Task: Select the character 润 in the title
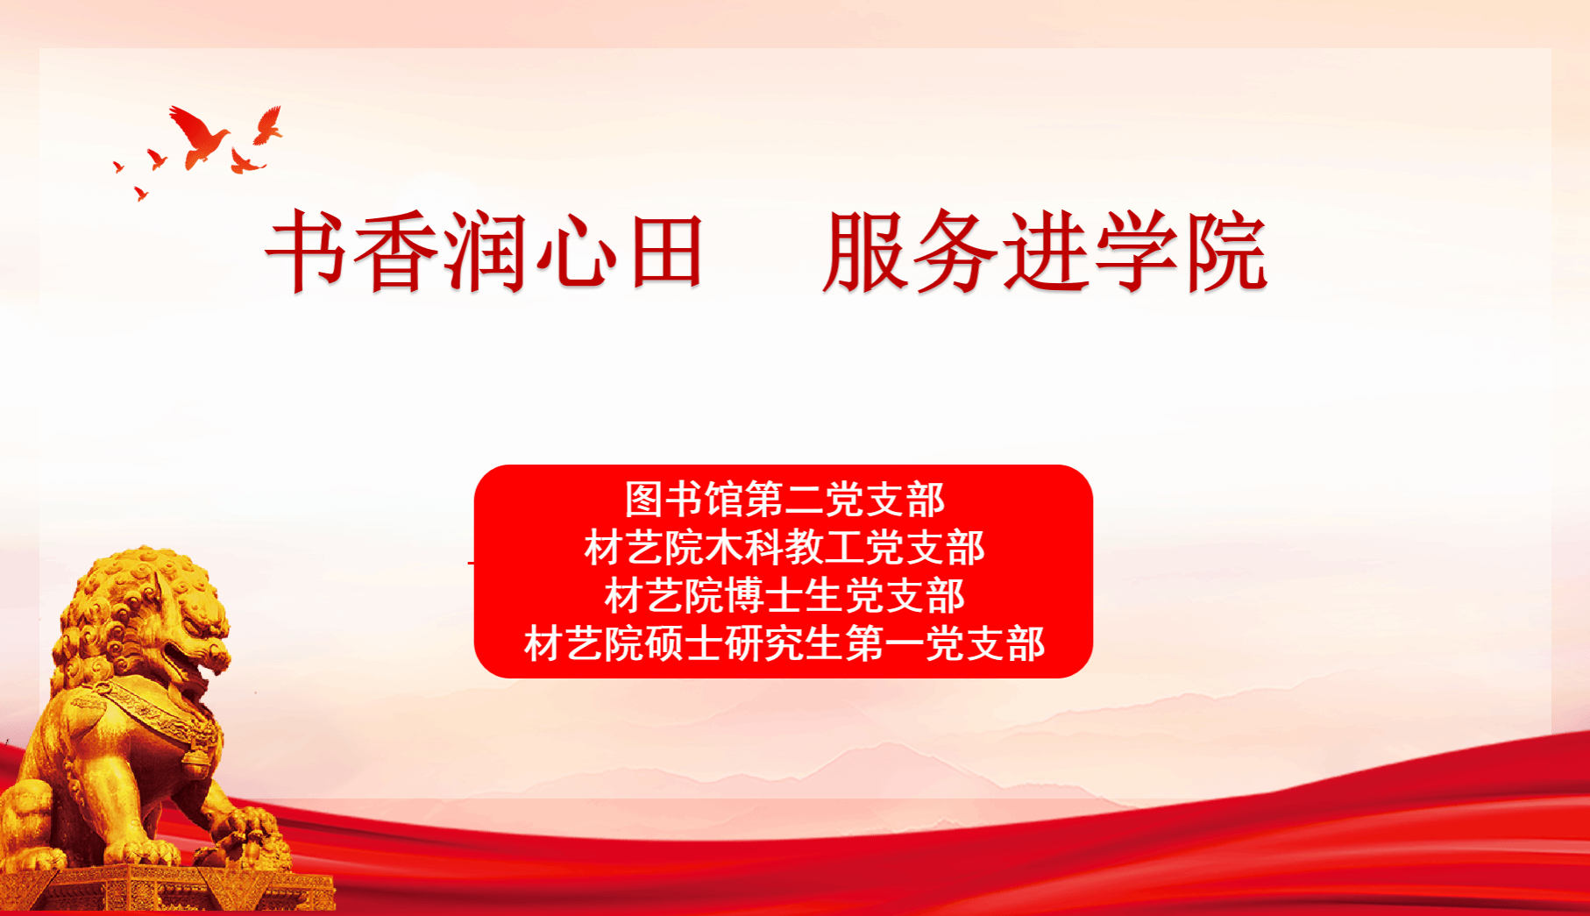[x=486, y=251]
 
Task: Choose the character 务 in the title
[x=955, y=251]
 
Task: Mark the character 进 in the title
[x=1046, y=251]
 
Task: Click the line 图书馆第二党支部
[x=784, y=500]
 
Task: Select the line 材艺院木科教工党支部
[x=784, y=548]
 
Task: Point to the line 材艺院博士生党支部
[x=784, y=596]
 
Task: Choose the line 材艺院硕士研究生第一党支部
[x=784, y=644]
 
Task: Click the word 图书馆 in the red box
[x=685, y=500]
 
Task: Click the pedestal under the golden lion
[x=167, y=888]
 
